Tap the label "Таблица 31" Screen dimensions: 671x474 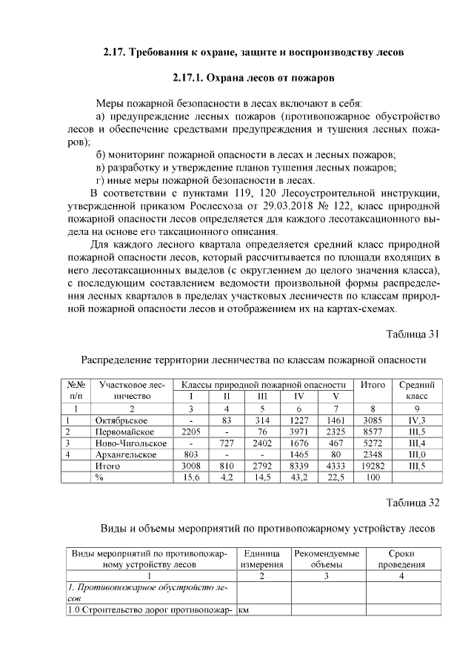[413, 333]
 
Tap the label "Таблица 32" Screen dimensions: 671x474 [413, 503]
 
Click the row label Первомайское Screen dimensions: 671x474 [124, 432]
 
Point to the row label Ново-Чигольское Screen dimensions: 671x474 [130, 443]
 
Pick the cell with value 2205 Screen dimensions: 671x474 [192, 432]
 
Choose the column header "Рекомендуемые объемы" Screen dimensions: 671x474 [327, 559]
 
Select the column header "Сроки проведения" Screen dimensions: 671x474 [401, 559]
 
